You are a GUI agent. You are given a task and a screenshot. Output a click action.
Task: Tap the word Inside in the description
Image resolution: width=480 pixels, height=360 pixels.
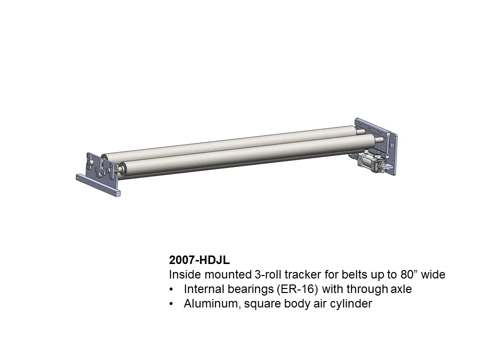[x=183, y=275]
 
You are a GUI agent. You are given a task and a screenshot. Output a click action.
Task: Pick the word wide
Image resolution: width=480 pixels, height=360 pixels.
[x=433, y=275]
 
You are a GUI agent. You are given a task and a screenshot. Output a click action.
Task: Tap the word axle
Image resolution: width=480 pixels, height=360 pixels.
[x=400, y=289]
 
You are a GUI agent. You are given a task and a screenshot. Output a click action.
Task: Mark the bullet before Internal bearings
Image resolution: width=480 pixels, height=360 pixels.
[x=172, y=290]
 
